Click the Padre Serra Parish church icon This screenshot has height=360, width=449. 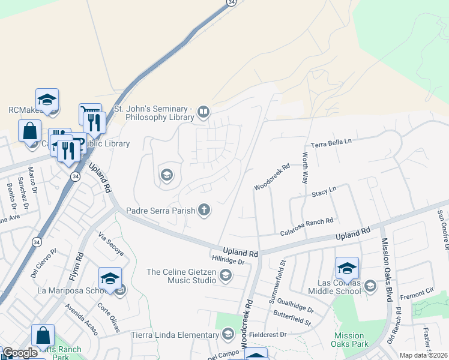pyautogui.click(x=205, y=210)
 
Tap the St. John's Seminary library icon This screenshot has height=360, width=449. pyautogui.click(x=204, y=112)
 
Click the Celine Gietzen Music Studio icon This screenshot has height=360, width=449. pyautogui.click(x=226, y=275)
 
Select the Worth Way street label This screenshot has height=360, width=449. pyautogui.click(x=305, y=169)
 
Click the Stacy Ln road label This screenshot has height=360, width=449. pyautogui.click(x=324, y=193)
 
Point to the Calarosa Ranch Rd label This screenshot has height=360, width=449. pyautogui.click(x=306, y=222)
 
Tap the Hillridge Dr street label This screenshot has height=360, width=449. pyautogui.click(x=229, y=261)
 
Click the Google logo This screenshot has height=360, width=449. pyautogui.click(x=20, y=353)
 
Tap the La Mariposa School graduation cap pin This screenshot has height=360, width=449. pyautogui.click(x=110, y=279)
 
